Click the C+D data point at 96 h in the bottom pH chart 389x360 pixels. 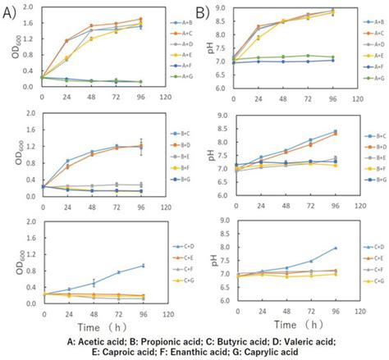pyautogui.click(x=335, y=248)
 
